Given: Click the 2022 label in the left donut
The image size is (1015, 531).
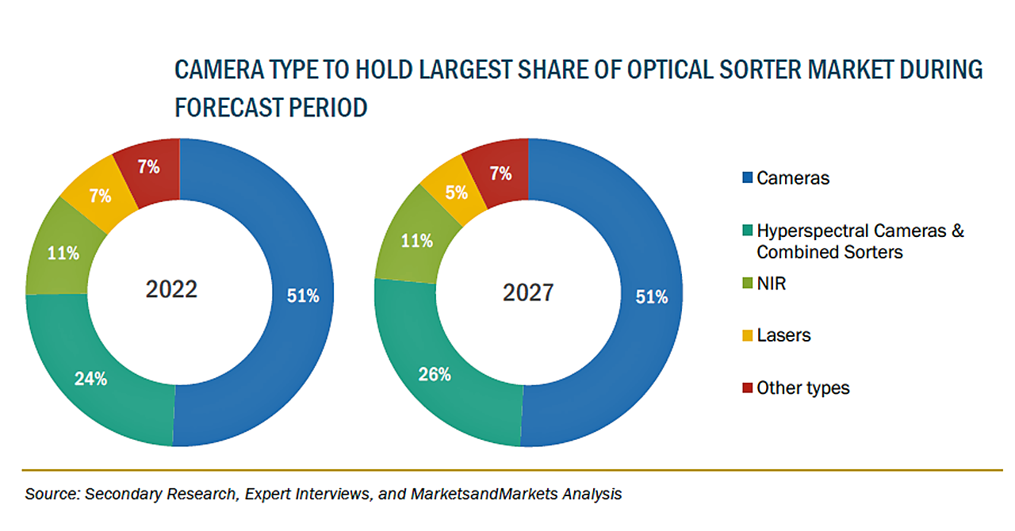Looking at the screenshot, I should (x=171, y=289).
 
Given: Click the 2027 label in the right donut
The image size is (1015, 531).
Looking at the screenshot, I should (x=528, y=292).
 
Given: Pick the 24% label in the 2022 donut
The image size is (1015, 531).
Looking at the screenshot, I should (x=91, y=379).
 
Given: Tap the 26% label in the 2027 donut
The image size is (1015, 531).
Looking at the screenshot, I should (x=435, y=374).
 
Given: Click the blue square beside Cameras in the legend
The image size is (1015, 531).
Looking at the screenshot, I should (x=748, y=178).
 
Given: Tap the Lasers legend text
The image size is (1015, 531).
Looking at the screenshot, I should (x=783, y=335).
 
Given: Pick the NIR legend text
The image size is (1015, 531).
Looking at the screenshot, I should (x=771, y=283).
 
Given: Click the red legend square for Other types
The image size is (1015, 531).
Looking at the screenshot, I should (x=748, y=388).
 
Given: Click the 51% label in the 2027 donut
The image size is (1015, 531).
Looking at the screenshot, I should (x=652, y=297).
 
